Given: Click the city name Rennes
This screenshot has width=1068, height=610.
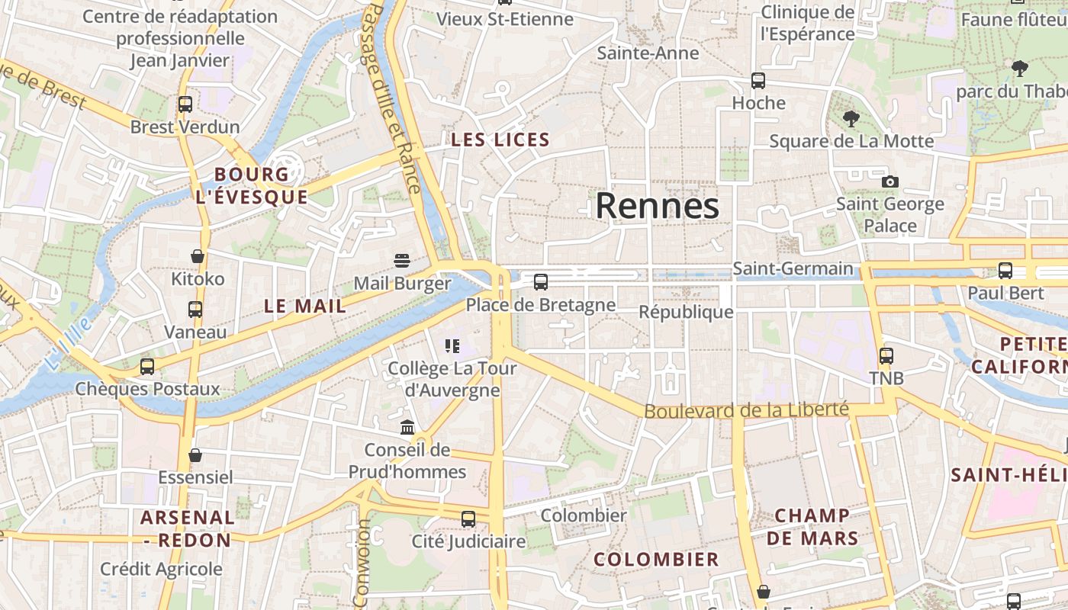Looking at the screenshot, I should [x=657, y=205].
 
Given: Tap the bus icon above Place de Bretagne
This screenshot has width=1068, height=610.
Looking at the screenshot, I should [x=541, y=282].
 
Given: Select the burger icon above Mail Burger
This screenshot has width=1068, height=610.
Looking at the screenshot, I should [x=402, y=261].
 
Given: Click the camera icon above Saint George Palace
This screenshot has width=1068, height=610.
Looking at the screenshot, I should [x=889, y=181].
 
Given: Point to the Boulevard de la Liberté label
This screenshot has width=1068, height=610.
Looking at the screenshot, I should [x=746, y=410].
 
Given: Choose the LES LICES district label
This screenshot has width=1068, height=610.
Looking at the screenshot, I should [x=500, y=140].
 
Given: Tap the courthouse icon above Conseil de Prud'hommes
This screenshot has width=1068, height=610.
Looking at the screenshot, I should [x=407, y=427].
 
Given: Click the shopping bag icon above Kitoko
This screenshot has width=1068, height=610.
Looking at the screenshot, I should [x=198, y=256].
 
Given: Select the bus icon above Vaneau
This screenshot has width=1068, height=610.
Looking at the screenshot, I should [x=195, y=309].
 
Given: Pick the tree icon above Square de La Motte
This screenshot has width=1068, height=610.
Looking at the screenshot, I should [x=851, y=118].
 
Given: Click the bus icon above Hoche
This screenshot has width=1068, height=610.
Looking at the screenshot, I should [x=758, y=80].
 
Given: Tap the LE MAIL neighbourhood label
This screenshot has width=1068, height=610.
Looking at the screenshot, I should [x=305, y=306].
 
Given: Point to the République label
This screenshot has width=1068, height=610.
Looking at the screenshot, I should [x=686, y=312].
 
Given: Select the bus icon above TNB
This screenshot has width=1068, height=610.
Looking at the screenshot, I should [x=886, y=355].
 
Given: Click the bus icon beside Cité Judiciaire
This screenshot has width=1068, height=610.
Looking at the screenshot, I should [x=468, y=518].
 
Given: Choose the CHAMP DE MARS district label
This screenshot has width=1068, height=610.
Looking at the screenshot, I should [x=812, y=527].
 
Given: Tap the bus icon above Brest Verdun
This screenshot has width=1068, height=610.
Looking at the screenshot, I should [x=185, y=104].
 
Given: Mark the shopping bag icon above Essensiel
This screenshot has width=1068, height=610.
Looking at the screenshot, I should [x=195, y=455].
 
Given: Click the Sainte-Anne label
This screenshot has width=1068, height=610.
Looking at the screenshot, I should [x=648, y=53].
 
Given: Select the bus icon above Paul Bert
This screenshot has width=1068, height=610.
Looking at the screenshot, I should [x=1005, y=270].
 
